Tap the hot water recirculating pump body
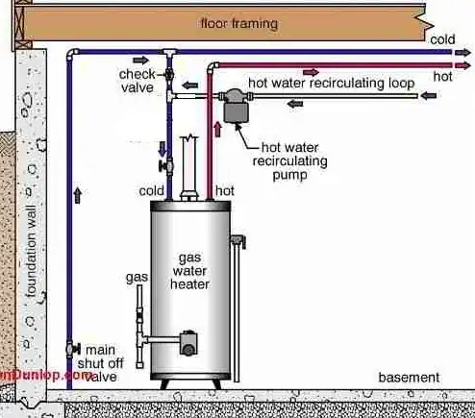coord(234,108)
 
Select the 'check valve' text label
coord(137,81)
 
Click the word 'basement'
coord(409,377)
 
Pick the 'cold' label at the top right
coord(442,39)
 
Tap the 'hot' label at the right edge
coord(443,74)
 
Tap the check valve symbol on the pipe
coord(169,73)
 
